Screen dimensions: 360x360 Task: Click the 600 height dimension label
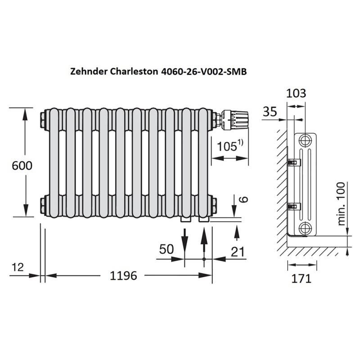click(x=22, y=166)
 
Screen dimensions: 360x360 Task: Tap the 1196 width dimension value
click(x=123, y=275)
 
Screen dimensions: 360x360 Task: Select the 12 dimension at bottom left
click(x=18, y=267)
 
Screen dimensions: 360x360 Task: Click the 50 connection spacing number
click(x=166, y=249)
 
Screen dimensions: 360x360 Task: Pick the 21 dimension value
click(x=238, y=252)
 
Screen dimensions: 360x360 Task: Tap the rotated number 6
click(x=244, y=199)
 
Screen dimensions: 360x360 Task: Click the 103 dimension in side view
click(x=296, y=93)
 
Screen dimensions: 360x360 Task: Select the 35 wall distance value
click(x=270, y=112)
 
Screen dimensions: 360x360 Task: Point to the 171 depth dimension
click(x=301, y=279)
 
